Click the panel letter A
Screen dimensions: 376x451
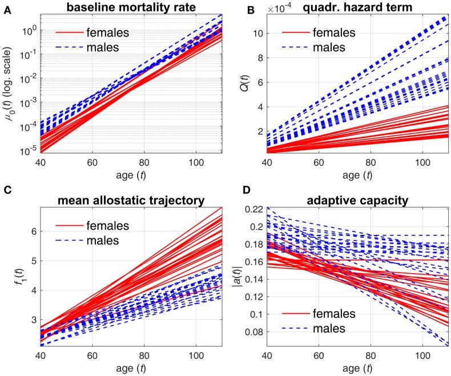(x=6, y=6)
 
